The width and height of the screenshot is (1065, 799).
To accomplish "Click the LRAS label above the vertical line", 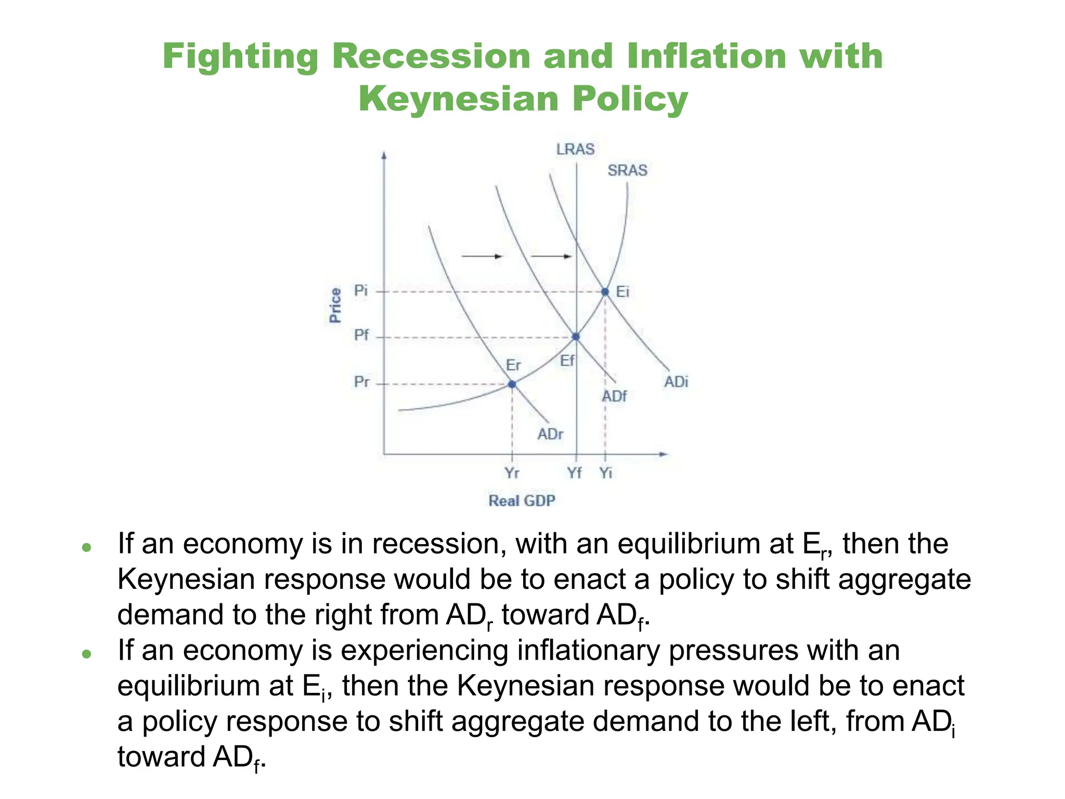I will [575, 149].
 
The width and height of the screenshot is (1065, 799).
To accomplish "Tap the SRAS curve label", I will [627, 170].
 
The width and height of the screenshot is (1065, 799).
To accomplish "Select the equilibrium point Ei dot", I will [605, 292].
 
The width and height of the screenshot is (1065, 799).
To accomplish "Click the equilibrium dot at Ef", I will [576, 337].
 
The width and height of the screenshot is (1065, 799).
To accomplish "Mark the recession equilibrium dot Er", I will [512, 384].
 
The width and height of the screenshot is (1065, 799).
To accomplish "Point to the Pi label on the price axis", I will [361, 290].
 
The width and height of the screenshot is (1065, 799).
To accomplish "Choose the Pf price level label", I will [361, 335].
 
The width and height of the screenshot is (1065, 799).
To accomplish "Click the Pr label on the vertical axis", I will [361, 382].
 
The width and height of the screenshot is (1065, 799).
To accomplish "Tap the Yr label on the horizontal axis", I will [512, 473].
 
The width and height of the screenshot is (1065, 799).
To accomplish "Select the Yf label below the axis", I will [574, 473].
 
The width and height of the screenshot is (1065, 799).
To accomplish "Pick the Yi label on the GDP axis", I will [606, 473].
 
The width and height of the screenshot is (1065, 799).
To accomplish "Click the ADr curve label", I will [550, 434].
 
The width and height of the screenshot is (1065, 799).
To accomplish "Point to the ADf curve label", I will [614, 396].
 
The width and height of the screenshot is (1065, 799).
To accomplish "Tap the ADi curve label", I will [676, 382].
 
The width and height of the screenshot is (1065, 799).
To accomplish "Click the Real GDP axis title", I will [522, 500].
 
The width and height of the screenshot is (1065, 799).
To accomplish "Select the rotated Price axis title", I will [335, 305].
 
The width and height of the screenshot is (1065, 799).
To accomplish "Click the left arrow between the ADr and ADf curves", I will [482, 256].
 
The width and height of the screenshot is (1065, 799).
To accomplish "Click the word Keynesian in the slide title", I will [458, 98].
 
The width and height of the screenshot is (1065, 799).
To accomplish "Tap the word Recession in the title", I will [431, 56].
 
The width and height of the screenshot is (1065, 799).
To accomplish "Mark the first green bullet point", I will [87, 547].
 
